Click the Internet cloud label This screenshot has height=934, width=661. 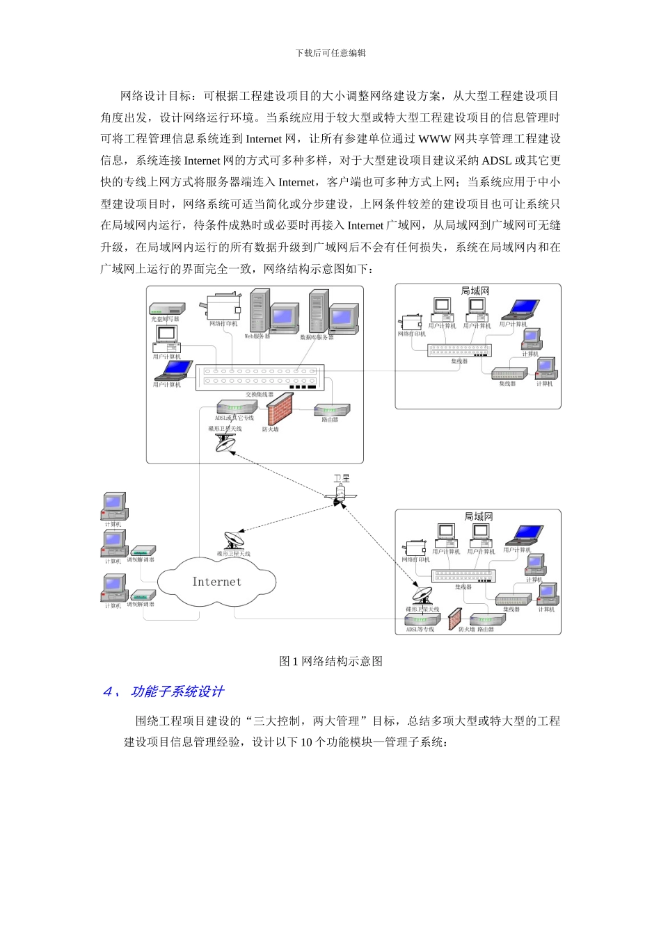(x=216, y=582)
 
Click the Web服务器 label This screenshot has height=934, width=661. (x=257, y=336)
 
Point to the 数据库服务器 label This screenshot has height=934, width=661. (x=317, y=337)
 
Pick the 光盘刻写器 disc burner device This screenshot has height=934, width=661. (x=167, y=309)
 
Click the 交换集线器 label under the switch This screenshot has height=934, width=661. (x=260, y=395)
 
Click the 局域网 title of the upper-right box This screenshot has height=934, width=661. (x=475, y=291)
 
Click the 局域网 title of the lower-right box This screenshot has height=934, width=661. (x=479, y=516)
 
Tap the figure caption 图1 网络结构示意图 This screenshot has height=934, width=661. (x=330, y=661)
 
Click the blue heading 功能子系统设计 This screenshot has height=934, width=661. (x=177, y=691)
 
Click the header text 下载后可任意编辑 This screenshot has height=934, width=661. (x=330, y=53)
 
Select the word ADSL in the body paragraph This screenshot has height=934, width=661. (x=496, y=161)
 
